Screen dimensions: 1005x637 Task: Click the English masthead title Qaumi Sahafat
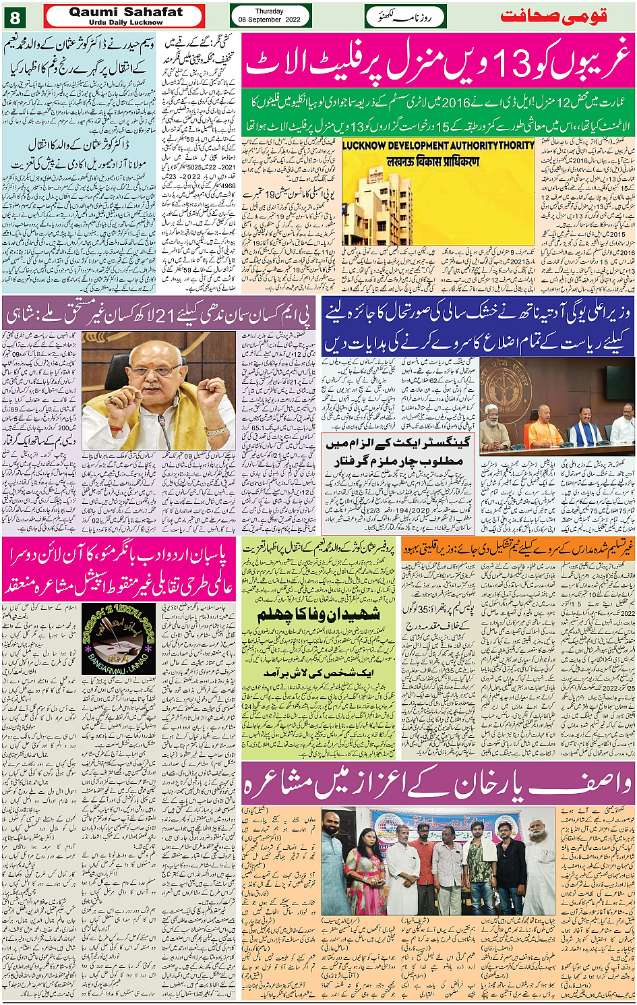click(125, 11)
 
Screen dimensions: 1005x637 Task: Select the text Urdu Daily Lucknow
click(126, 22)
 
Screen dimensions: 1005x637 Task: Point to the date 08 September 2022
click(270, 20)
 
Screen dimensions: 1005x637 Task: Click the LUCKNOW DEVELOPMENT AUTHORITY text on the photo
click(437, 146)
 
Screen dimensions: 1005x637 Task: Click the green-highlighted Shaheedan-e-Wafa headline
click(318, 614)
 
